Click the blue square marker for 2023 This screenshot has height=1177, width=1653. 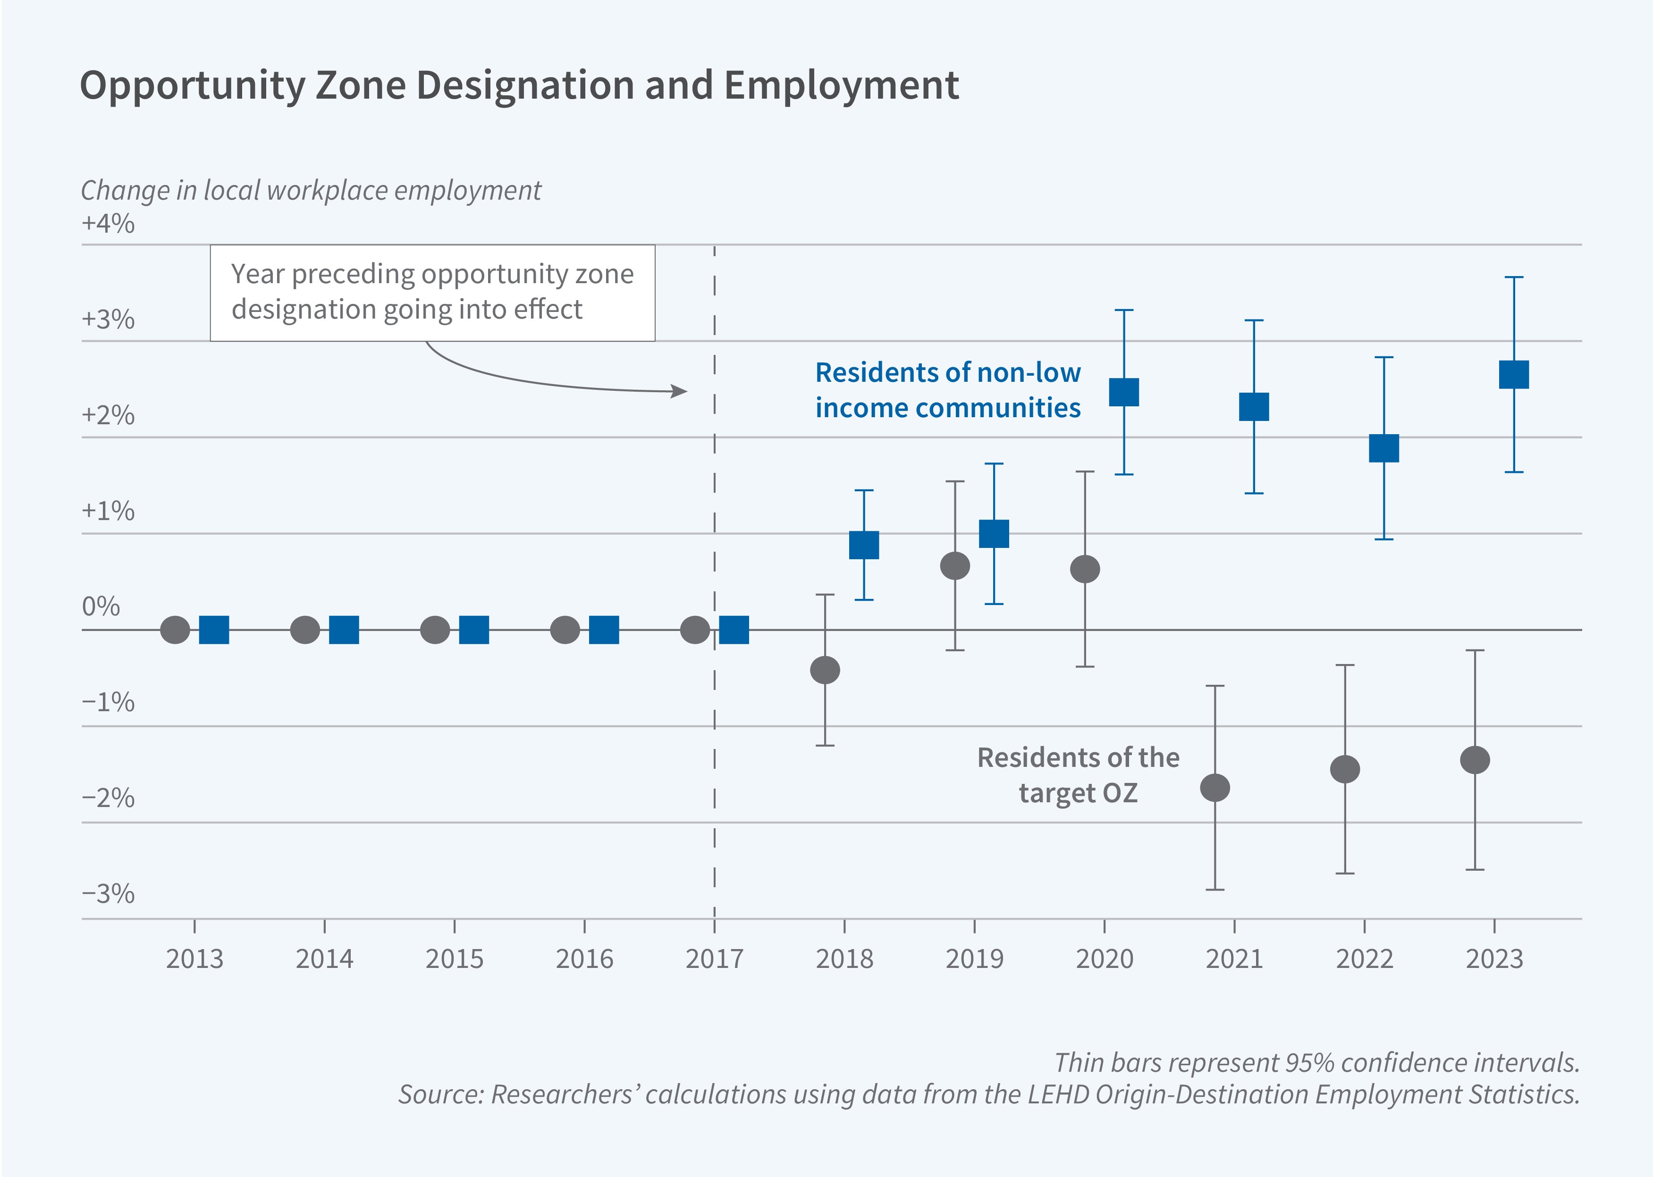pos(1513,375)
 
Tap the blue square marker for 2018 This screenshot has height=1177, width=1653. pos(864,545)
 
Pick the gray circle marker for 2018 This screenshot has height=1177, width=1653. pos(825,670)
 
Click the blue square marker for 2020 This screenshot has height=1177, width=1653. pos(1124,392)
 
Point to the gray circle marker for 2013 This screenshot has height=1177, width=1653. pos(175,630)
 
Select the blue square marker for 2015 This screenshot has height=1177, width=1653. pos(474,630)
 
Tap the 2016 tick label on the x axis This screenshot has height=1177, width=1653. pos(584,959)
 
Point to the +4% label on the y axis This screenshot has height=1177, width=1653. pos(108,223)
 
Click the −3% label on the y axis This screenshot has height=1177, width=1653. pos(108,894)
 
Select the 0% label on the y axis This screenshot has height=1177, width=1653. pos(101,606)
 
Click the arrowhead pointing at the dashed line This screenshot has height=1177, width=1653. pos(680,391)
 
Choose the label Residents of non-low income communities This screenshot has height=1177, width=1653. pos(947,390)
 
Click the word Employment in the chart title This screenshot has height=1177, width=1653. pos(841,85)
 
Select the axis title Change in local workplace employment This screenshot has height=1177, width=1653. pos(310,191)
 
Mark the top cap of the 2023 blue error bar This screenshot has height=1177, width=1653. pos(1513,277)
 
